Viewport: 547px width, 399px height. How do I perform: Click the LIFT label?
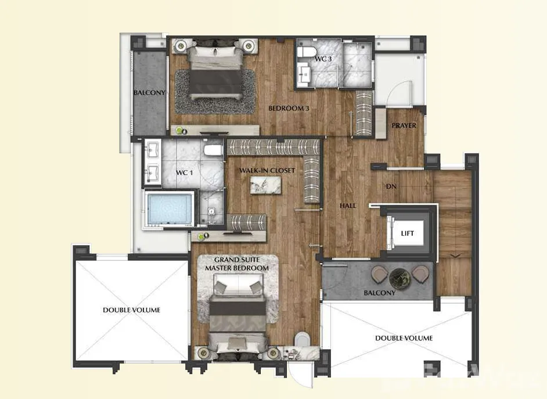coord(407,233)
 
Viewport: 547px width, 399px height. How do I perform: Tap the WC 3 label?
coord(323,59)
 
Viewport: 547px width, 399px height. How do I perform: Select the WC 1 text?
coord(184,172)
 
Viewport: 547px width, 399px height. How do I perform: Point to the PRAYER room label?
coord(404,125)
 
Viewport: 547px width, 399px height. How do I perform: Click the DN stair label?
coord(391,186)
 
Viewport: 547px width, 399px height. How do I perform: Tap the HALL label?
coord(348,206)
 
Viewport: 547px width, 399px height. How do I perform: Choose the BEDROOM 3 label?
coord(289,108)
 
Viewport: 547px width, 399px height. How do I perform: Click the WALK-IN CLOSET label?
coord(267,171)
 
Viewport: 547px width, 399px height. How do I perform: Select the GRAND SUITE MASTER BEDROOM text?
coord(237,264)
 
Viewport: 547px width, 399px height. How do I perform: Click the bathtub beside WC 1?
coord(170,209)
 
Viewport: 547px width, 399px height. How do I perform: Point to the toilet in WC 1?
coord(213,150)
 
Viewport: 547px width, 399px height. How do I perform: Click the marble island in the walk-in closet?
coord(265,185)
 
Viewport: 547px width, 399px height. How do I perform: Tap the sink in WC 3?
coord(305,74)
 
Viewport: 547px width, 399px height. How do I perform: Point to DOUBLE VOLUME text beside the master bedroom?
coord(131,310)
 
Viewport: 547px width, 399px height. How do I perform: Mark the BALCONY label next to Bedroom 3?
coord(149,93)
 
